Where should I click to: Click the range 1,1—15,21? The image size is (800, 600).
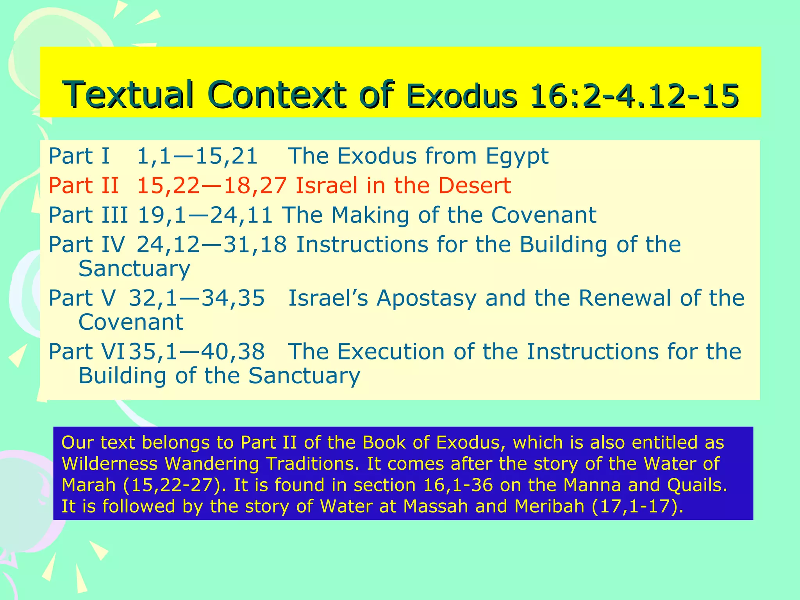(x=197, y=156)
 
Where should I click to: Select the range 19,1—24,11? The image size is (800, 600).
(x=205, y=215)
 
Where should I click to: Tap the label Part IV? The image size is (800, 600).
(x=86, y=245)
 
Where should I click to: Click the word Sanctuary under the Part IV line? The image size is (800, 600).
(x=134, y=269)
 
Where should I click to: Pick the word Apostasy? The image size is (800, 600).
(x=426, y=298)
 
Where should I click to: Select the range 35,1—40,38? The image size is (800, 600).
(x=197, y=352)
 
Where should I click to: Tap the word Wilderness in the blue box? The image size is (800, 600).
(x=109, y=464)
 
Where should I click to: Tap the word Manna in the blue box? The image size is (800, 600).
(x=592, y=485)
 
